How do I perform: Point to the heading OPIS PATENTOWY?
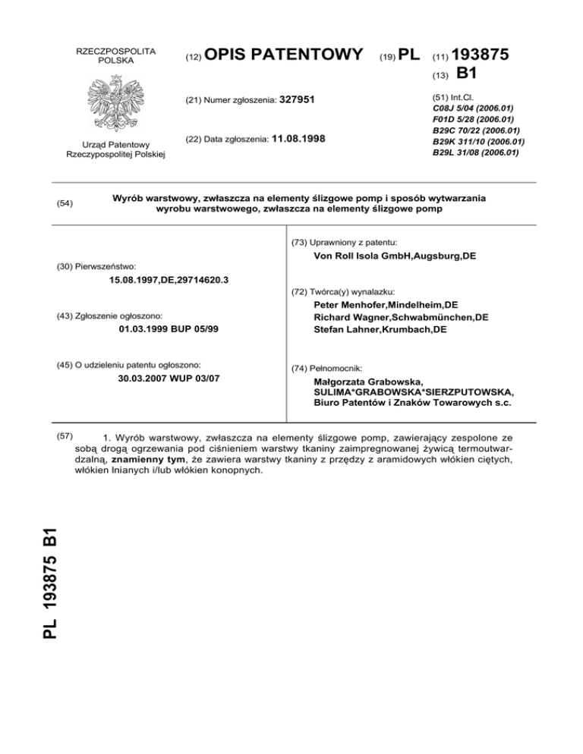(x=284, y=55)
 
